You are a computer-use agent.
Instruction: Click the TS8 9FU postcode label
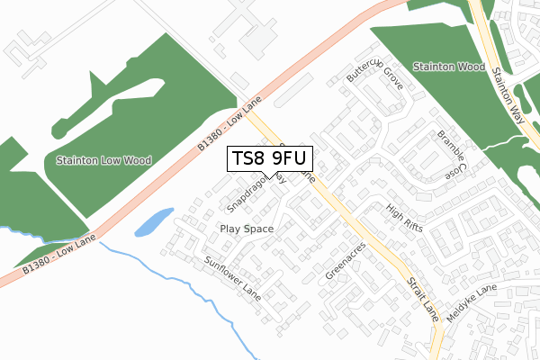[270, 158]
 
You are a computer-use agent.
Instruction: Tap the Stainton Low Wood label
[103, 160]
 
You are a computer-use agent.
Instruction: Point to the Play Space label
[247, 229]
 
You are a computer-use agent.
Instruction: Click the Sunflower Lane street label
[231, 279]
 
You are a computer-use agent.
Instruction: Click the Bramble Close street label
[451, 151]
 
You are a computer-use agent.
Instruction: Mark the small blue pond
[154, 221]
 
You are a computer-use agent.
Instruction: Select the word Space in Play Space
[258, 229]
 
